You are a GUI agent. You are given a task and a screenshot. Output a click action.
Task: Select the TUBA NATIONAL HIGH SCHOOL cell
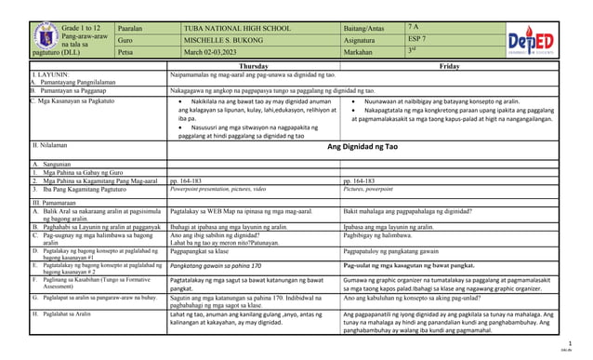237,29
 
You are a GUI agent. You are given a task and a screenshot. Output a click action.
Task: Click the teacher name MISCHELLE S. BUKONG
229,42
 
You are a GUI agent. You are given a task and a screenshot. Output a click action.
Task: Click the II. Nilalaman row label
49,146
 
